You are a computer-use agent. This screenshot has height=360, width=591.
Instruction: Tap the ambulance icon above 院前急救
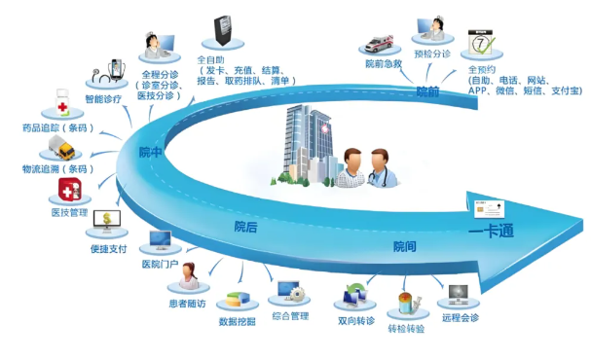(x=378, y=43)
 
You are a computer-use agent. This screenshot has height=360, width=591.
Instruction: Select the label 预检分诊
(x=432, y=54)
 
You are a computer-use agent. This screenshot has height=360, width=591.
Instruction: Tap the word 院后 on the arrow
(x=245, y=227)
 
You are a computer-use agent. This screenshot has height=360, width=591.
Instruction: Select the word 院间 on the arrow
(x=403, y=246)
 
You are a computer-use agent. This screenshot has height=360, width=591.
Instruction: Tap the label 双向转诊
(x=356, y=319)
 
